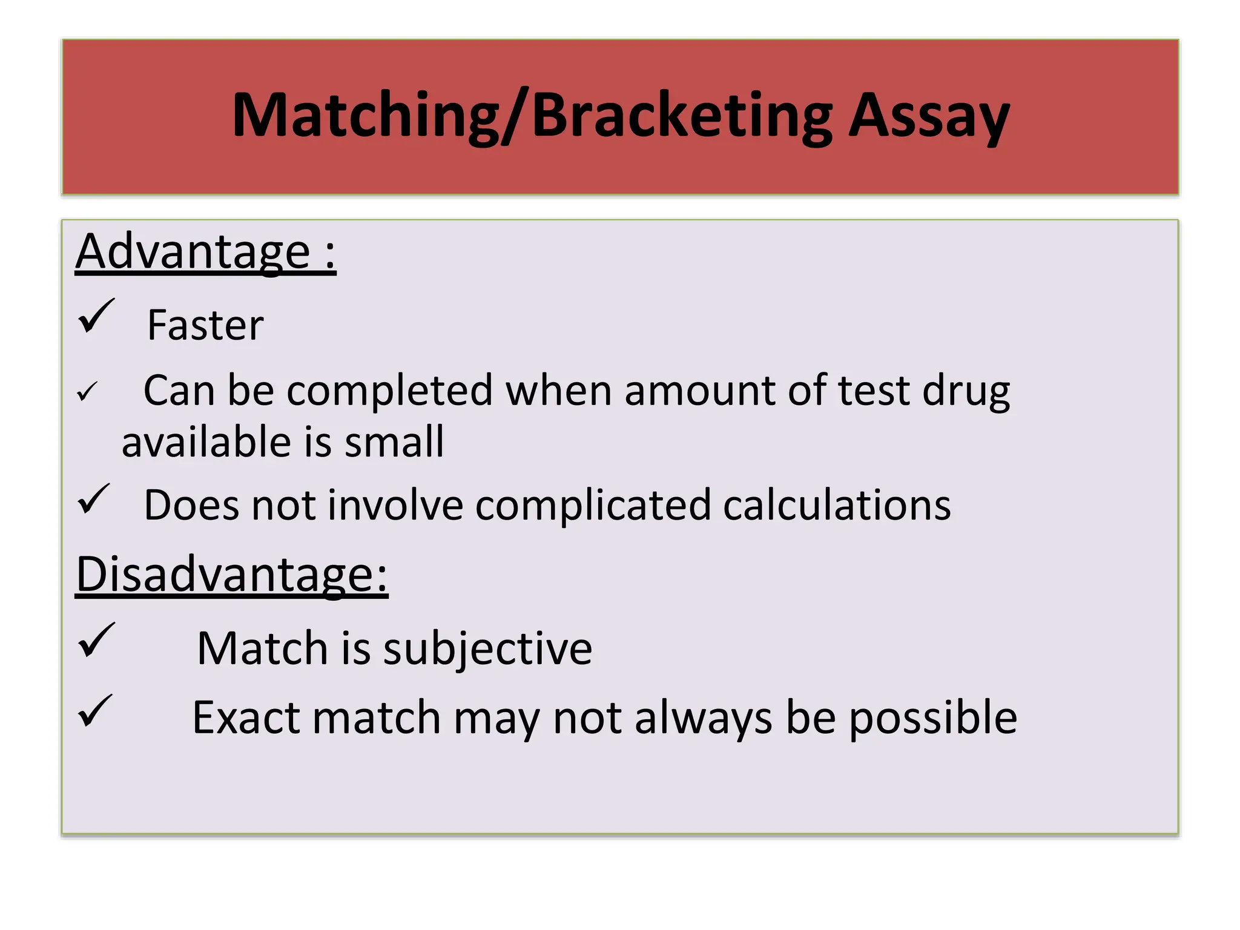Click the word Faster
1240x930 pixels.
205,326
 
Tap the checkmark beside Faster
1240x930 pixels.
96,317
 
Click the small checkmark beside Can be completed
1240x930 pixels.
87,392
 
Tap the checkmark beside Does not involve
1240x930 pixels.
94,500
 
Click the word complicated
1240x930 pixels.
593,506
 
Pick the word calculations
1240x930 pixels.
837,506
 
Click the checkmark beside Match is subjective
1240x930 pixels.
96,641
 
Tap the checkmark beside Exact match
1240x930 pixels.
95,711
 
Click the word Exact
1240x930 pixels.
246,718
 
